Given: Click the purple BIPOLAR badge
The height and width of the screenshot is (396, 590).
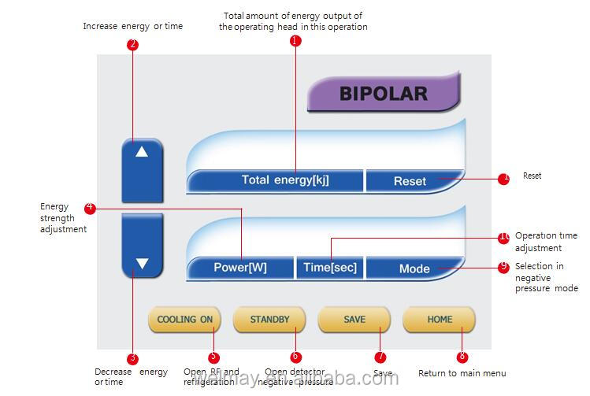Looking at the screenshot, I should coord(383,94).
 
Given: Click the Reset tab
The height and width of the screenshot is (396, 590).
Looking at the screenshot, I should coord(410,181).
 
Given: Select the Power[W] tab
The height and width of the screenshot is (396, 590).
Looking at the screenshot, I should coord(240,268).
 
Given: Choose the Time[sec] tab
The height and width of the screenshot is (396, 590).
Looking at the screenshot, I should coord(330,268).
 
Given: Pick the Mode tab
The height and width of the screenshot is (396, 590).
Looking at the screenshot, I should coord(414,268).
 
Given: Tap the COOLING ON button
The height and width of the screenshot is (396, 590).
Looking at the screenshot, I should coord(185,320).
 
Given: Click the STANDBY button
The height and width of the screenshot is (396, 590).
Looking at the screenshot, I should coord(270,320).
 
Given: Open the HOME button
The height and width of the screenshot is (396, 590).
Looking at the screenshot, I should coord(440,320).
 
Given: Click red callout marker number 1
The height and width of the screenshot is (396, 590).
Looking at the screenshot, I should coord(295,41).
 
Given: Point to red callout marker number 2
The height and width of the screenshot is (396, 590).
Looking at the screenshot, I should coord(132,45).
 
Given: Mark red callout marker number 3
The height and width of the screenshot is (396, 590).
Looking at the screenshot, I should coord(132,359).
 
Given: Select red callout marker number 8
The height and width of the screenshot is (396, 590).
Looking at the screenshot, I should coord(462,357).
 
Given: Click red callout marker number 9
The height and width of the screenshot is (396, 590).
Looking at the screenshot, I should coord(503,267).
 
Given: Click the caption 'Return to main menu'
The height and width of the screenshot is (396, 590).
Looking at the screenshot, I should coord(462,373).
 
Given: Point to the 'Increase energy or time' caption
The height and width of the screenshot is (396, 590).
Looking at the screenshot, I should coord(132,26).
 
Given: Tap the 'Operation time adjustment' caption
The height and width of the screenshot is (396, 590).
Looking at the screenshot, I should coord(547,242).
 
